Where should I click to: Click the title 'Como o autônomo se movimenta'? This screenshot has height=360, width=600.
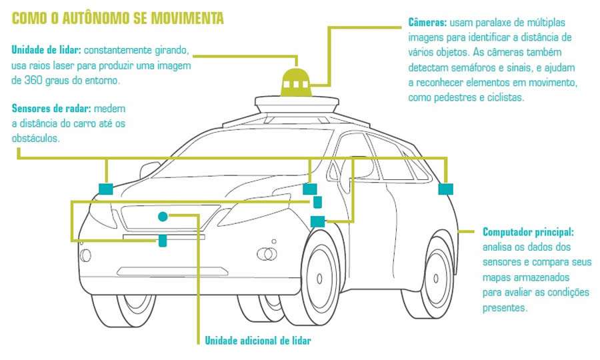117,18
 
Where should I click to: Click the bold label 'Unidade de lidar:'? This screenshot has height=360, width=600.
46,51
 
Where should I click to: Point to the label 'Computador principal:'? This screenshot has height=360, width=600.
527,232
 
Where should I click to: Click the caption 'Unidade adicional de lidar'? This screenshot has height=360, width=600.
258,341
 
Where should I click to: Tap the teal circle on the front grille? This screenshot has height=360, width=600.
163,216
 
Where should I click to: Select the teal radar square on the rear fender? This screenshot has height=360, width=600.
445,189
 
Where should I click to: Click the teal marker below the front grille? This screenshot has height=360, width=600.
162,241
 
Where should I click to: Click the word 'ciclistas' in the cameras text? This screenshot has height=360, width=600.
505,97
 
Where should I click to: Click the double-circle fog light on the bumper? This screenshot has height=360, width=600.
267,253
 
